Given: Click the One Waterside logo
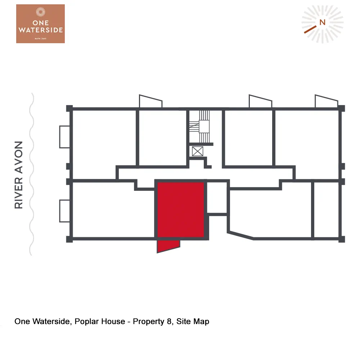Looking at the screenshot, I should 40,24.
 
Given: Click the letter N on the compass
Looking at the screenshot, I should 322,22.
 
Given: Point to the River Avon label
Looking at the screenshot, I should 19,175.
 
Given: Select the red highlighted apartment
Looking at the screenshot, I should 181,210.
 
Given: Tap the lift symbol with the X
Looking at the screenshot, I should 198,151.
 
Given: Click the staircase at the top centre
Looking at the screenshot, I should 204,126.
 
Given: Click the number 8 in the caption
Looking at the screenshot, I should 169,321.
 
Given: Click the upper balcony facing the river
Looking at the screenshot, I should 64,136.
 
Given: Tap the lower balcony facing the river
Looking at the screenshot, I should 64,211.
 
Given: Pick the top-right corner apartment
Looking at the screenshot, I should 307,137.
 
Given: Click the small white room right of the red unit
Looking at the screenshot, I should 217,198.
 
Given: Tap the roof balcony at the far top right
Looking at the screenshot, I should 325,102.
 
